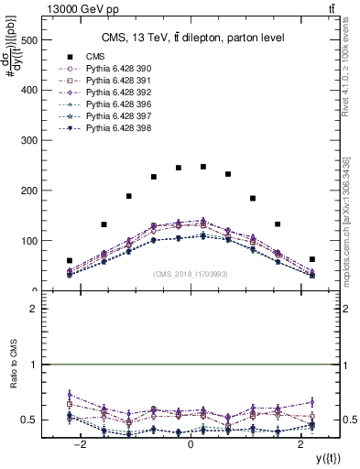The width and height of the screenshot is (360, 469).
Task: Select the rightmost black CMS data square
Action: (311, 259)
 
